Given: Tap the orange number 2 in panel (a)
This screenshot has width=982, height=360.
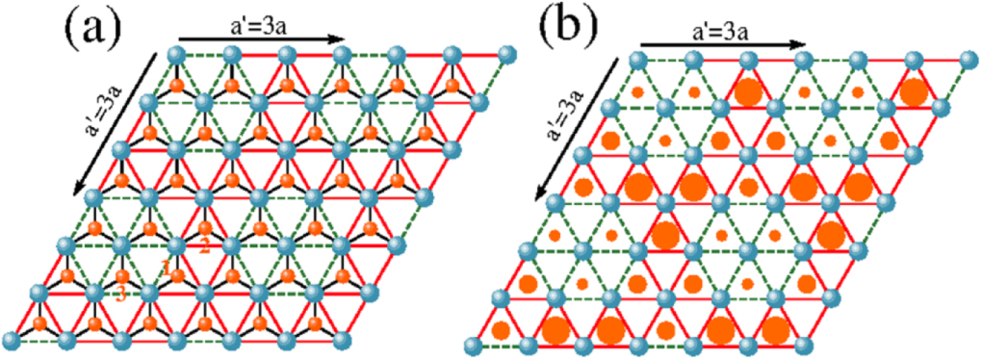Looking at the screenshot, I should (204, 244).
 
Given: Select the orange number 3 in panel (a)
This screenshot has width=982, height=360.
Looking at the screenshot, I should (120, 295).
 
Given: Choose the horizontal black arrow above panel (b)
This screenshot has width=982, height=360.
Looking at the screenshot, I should (723, 44).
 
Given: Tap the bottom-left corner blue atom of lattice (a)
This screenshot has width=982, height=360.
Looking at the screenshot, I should (13, 339).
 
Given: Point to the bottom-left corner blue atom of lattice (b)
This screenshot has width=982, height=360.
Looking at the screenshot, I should (472, 345).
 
